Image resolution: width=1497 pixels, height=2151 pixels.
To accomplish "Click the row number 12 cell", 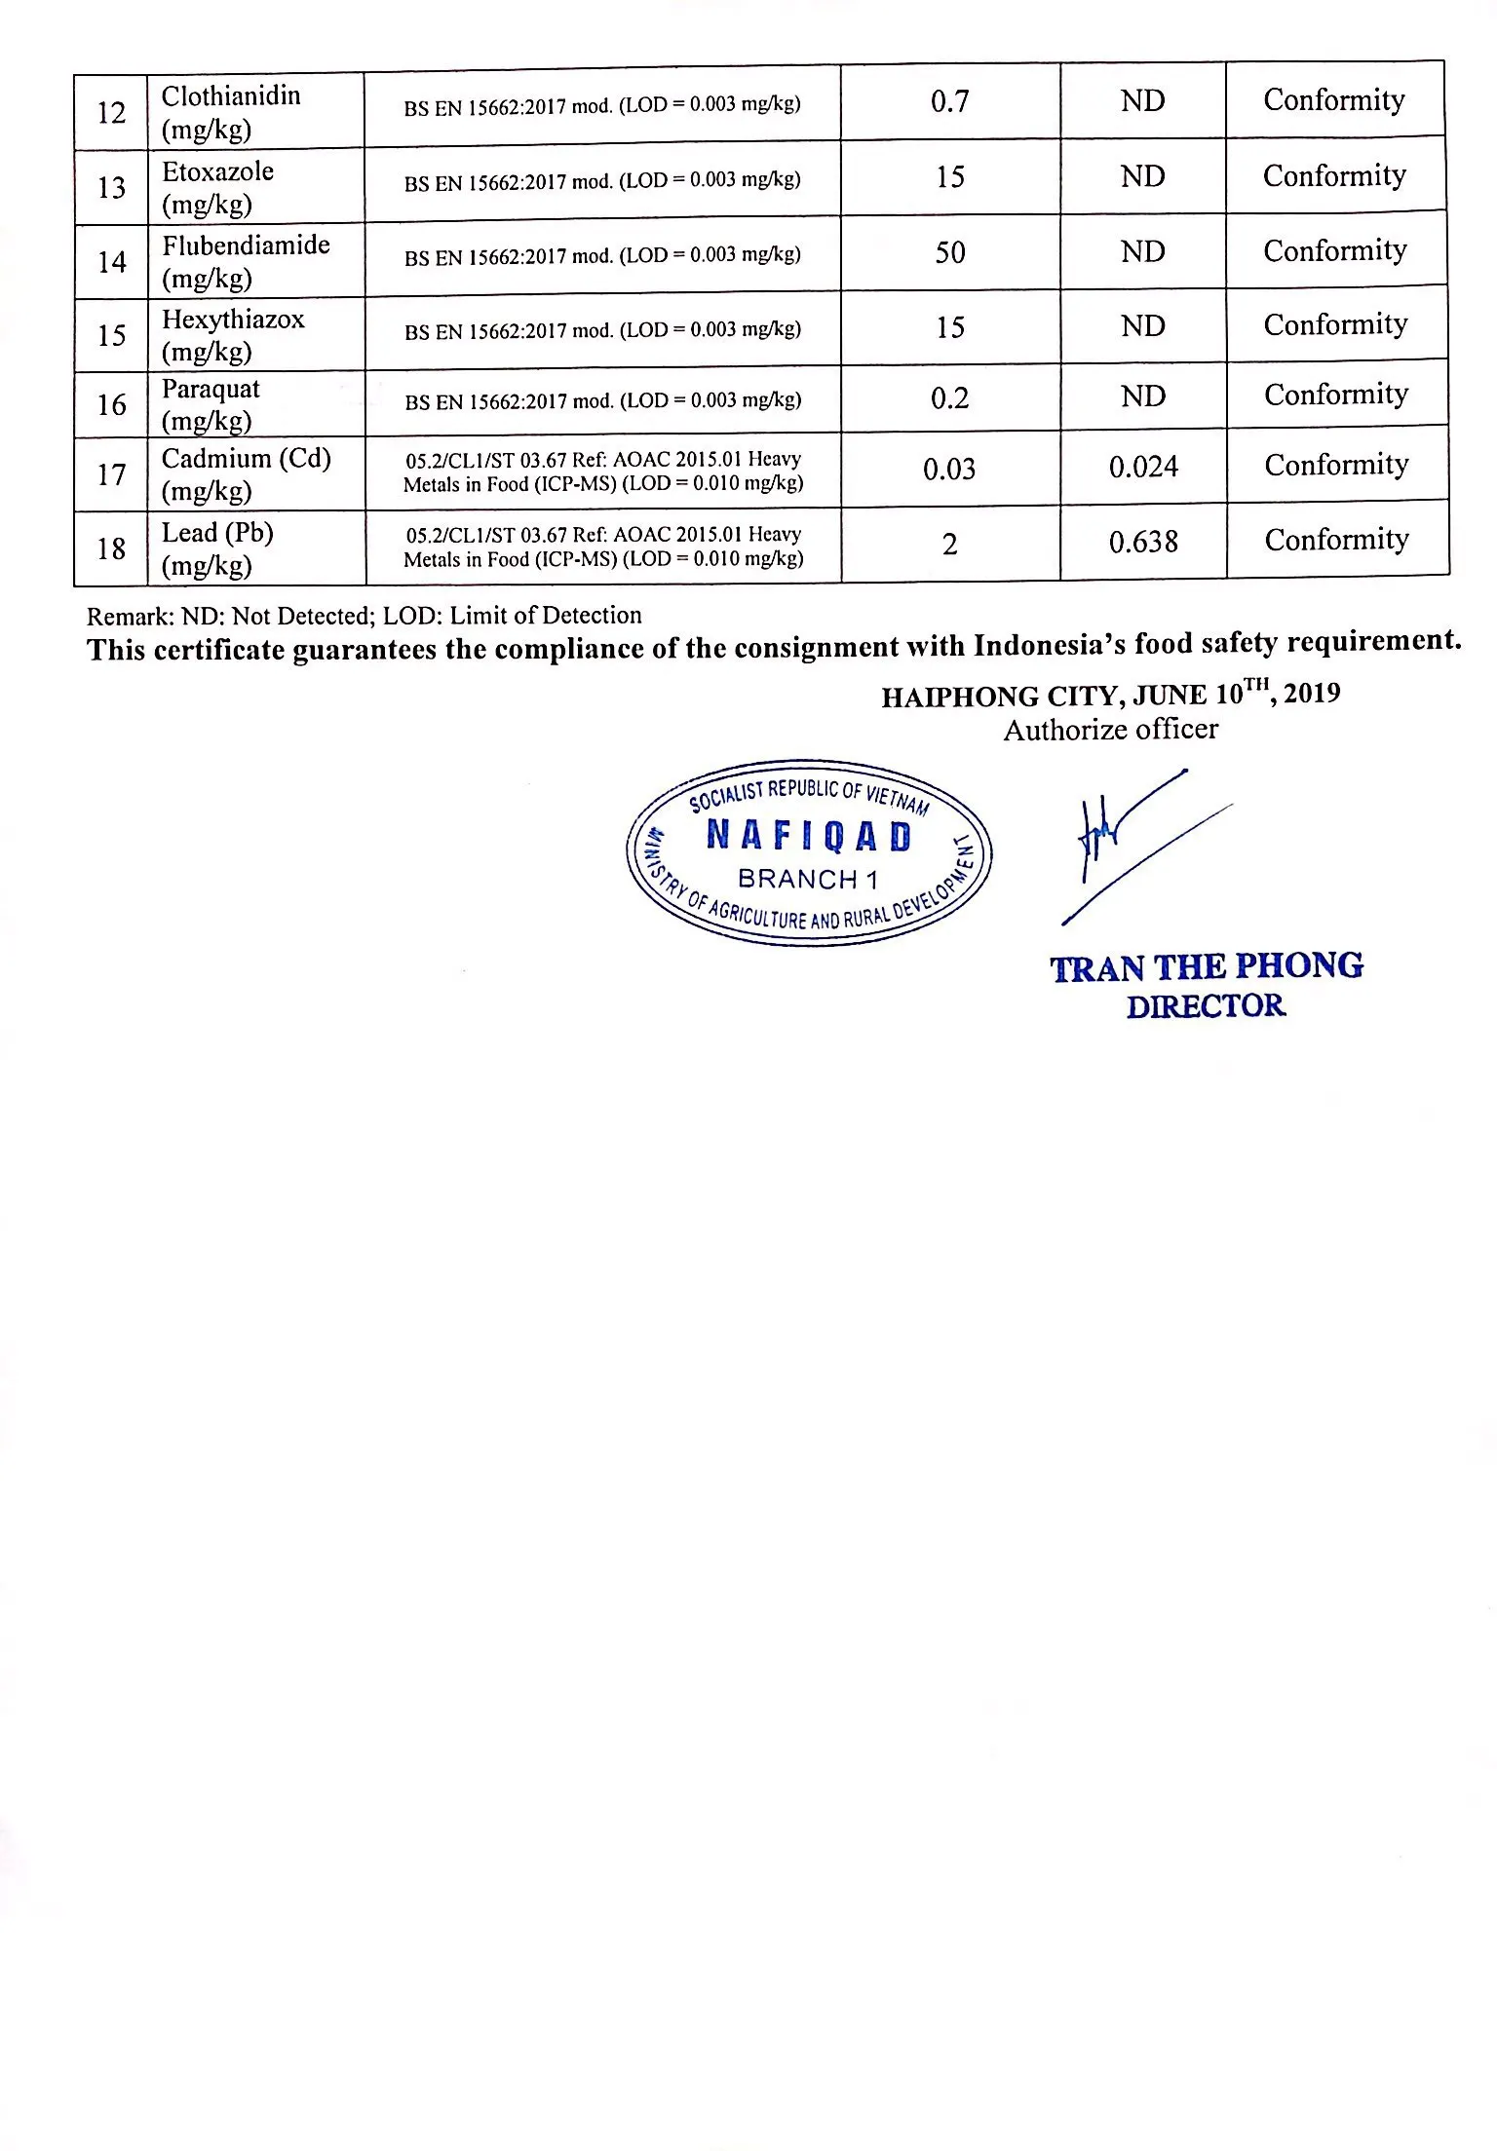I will [x=111, y=113].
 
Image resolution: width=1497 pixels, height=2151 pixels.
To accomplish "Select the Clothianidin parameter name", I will [x=231, y=96].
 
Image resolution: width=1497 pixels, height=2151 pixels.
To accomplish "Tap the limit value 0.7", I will [x=949, y=101].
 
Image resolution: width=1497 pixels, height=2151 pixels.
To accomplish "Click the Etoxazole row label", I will [x=217, y=171].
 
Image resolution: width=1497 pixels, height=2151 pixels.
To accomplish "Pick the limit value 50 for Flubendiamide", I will [x=949, y=252].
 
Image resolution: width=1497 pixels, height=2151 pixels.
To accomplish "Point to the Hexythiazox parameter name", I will [x=233, y=320].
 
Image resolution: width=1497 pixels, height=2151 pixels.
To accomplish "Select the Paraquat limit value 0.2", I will [x=949, y=398].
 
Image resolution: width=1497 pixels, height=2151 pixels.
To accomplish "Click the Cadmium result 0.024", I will [x=1143, y=468].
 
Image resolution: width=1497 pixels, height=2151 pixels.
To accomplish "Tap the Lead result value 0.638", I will [x=1143, y=542].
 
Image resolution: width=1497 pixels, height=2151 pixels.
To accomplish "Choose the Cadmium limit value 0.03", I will [x=949, y=470].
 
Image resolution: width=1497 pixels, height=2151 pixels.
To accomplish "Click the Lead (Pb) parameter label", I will [x=217, y=533].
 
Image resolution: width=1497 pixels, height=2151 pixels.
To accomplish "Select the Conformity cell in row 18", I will [x=1336, y=540].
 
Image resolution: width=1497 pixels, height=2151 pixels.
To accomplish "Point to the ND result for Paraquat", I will [x=1142, y=396].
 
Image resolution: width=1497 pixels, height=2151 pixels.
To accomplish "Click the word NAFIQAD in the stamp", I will [x=809, y=836].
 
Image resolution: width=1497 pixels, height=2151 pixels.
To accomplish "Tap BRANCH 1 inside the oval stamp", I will [x=808, y=880].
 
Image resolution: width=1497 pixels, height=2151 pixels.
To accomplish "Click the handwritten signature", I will [x=1121, y=838].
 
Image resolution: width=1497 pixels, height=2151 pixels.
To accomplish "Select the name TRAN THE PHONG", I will [x=1207, y=967].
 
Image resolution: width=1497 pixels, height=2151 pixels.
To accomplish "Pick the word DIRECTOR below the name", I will [x=1206, y=1006].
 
